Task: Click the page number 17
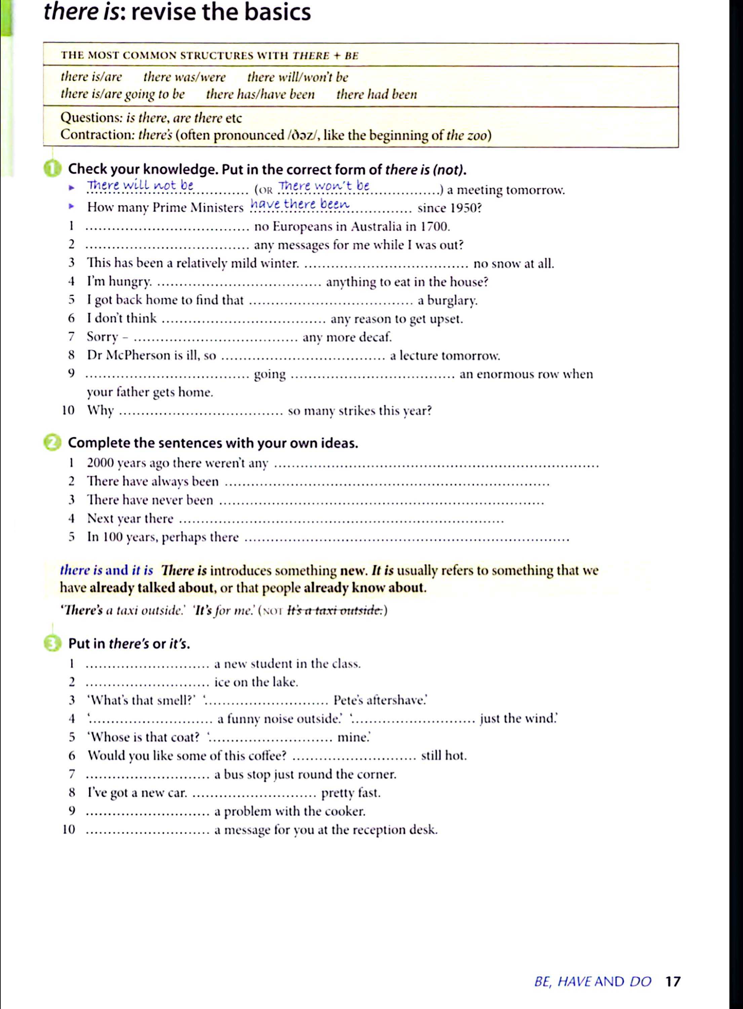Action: click(x=673, y=981)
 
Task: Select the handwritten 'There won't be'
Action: click(x=324, y=185)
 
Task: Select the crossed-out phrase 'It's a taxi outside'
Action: click(x=335, y=610)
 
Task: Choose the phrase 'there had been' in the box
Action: click(x=377, y=94)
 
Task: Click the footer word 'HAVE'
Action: click(x=574, y=981)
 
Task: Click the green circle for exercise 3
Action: click(x=52, y=644)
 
